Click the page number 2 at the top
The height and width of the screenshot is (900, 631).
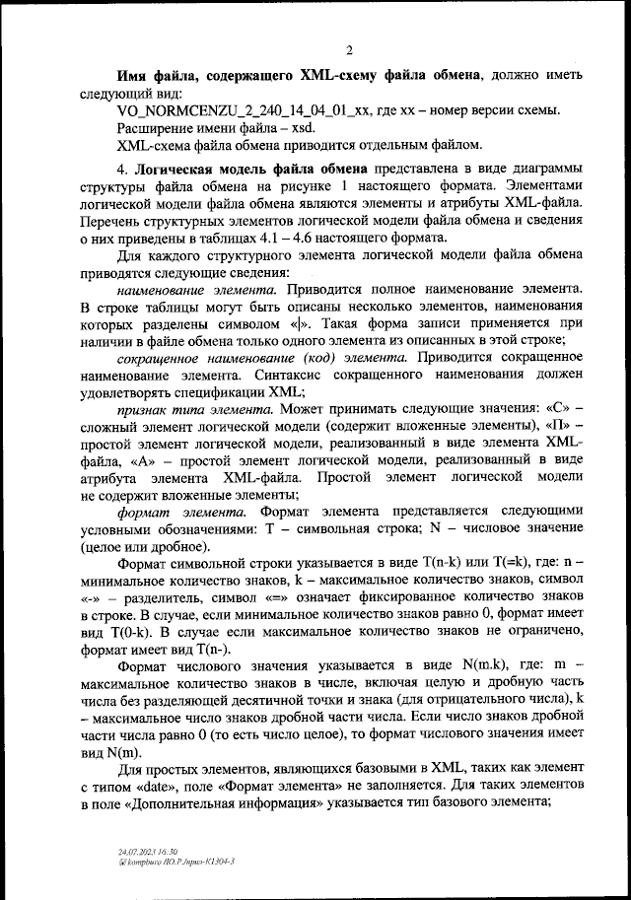pos(349,50)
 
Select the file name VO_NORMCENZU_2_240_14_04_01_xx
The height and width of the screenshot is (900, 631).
pos(243,110)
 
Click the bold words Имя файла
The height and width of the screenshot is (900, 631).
pos(157,75)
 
